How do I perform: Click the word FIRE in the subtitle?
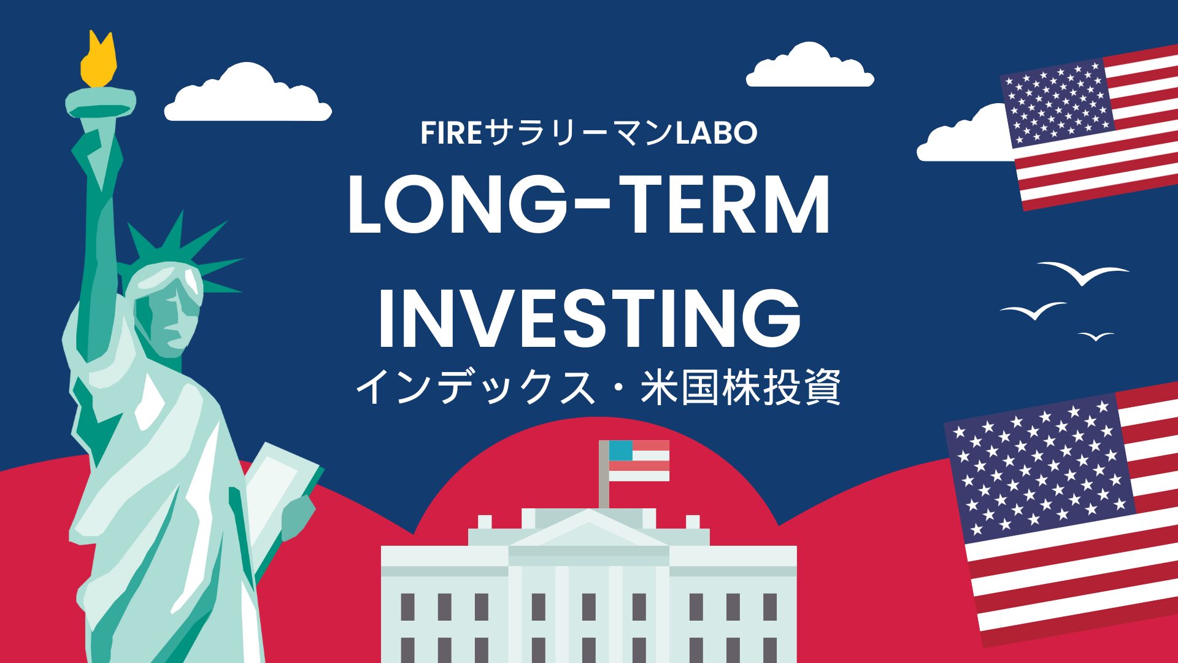coord(450,133)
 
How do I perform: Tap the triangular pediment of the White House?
coord(588,529)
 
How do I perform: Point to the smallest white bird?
coord(1096,336)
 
